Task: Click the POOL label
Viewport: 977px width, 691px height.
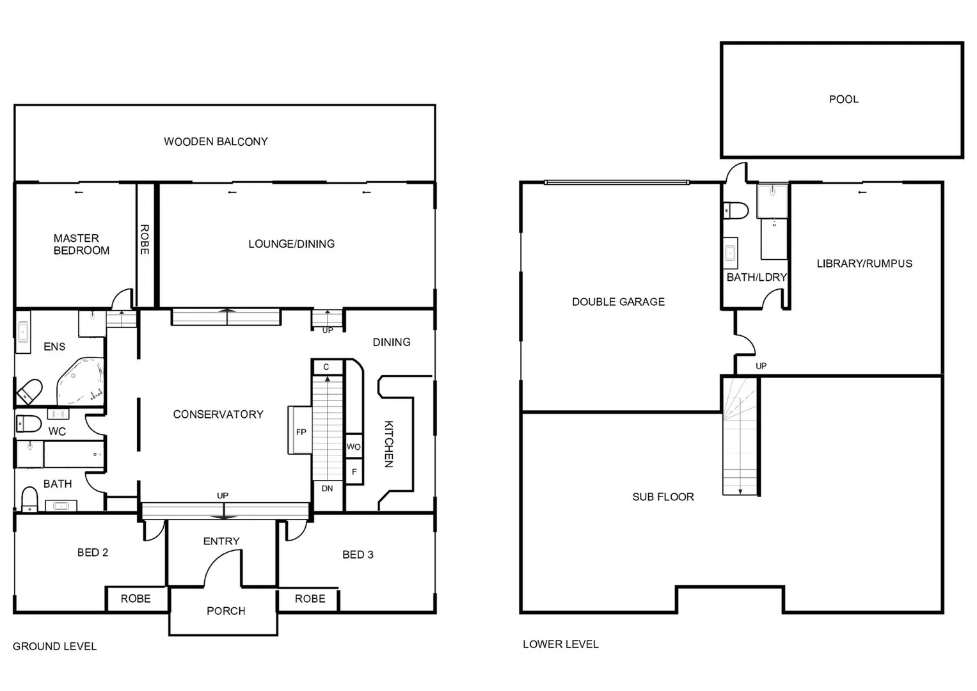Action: [843, 99]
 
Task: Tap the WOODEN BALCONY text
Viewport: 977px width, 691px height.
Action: [216, 141]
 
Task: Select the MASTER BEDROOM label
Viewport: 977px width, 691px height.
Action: [81, 244]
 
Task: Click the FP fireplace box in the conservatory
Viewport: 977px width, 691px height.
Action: [301, 431]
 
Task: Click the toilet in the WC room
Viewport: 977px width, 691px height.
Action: [28, 423]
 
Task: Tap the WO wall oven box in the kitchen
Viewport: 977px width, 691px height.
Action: [354, 447]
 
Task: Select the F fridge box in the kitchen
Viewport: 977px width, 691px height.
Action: [354, 472]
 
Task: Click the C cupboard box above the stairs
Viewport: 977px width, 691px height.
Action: [326, 367]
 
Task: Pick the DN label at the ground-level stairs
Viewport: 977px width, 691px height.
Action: [327, 488]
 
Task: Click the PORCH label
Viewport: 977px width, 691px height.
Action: [226, 611]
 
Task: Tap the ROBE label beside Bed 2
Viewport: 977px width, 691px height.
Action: [136, 599]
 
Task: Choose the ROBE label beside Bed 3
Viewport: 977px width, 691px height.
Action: [310, 599]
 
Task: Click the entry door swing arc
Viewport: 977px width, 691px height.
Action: [221, 563]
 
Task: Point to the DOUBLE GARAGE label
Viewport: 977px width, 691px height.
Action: [618, 301]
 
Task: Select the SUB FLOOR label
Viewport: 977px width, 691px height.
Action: [663, 496]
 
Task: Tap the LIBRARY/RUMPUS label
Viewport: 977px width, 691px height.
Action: [864, 263]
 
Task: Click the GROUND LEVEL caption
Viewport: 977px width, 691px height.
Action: [54, 646]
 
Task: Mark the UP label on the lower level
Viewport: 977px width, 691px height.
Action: [761, 366]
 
